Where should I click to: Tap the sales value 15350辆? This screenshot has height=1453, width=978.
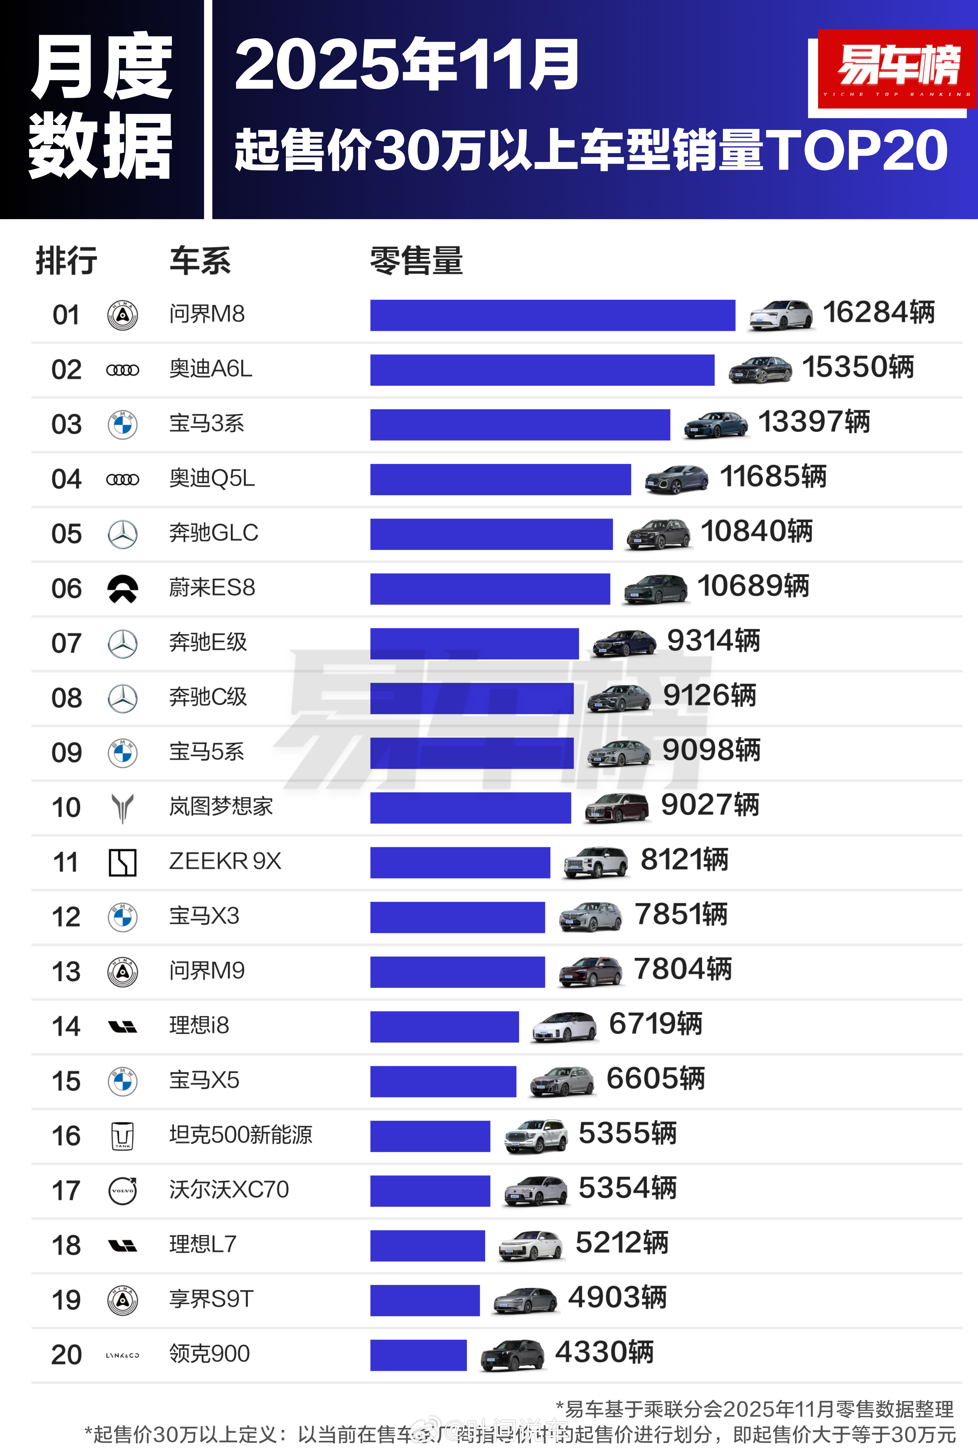tap(858, 367)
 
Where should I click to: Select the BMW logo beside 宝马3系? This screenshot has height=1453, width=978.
tap(123, 425)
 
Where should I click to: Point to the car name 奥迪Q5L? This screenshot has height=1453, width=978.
tap(212, 478)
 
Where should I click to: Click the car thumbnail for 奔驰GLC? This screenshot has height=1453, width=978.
tap(658, 534)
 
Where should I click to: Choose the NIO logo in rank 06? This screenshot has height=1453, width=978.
tap(123, 588)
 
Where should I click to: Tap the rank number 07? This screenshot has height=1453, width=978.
tap(66, 643)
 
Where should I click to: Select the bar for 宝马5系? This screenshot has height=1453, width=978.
tap(472, 753)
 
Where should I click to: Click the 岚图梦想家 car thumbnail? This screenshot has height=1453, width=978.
tap(617, 809)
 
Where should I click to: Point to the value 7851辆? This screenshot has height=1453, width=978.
tap(681, 915)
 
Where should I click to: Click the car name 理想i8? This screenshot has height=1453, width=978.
tap(199, 1025)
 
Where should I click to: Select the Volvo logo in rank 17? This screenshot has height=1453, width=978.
tap(123, 1190)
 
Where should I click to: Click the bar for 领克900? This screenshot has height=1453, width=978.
tap(418, 1355)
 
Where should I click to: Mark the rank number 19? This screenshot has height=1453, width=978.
tap(66, 1300)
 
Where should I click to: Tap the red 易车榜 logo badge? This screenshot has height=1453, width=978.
tap(897, 69)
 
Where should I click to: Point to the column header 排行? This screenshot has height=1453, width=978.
tap(66, 261)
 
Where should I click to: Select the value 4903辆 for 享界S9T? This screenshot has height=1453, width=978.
tap(617, 1298)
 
